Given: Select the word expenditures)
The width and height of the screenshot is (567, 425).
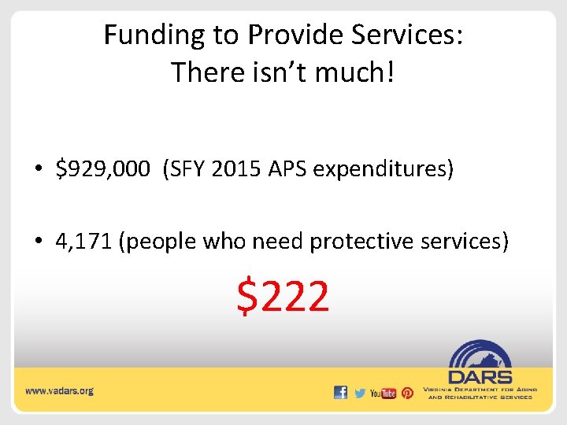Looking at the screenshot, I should tap(384, 169).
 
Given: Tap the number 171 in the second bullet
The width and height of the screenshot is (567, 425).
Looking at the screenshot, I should tap(96, 241).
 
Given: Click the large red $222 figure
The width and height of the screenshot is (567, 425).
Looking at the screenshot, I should tap(283, 297).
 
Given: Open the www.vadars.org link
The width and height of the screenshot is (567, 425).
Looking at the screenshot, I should tap(59, 390).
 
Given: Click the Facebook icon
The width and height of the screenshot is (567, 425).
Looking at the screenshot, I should tap(340, 392).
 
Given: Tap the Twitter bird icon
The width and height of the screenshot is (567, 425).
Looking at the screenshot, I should tap(360, 392).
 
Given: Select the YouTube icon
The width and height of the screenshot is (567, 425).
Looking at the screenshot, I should tap(383, 393).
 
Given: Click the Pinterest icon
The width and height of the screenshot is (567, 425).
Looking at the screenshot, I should tap(407, 392).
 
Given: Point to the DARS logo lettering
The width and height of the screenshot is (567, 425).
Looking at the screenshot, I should tap(480, 377).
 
